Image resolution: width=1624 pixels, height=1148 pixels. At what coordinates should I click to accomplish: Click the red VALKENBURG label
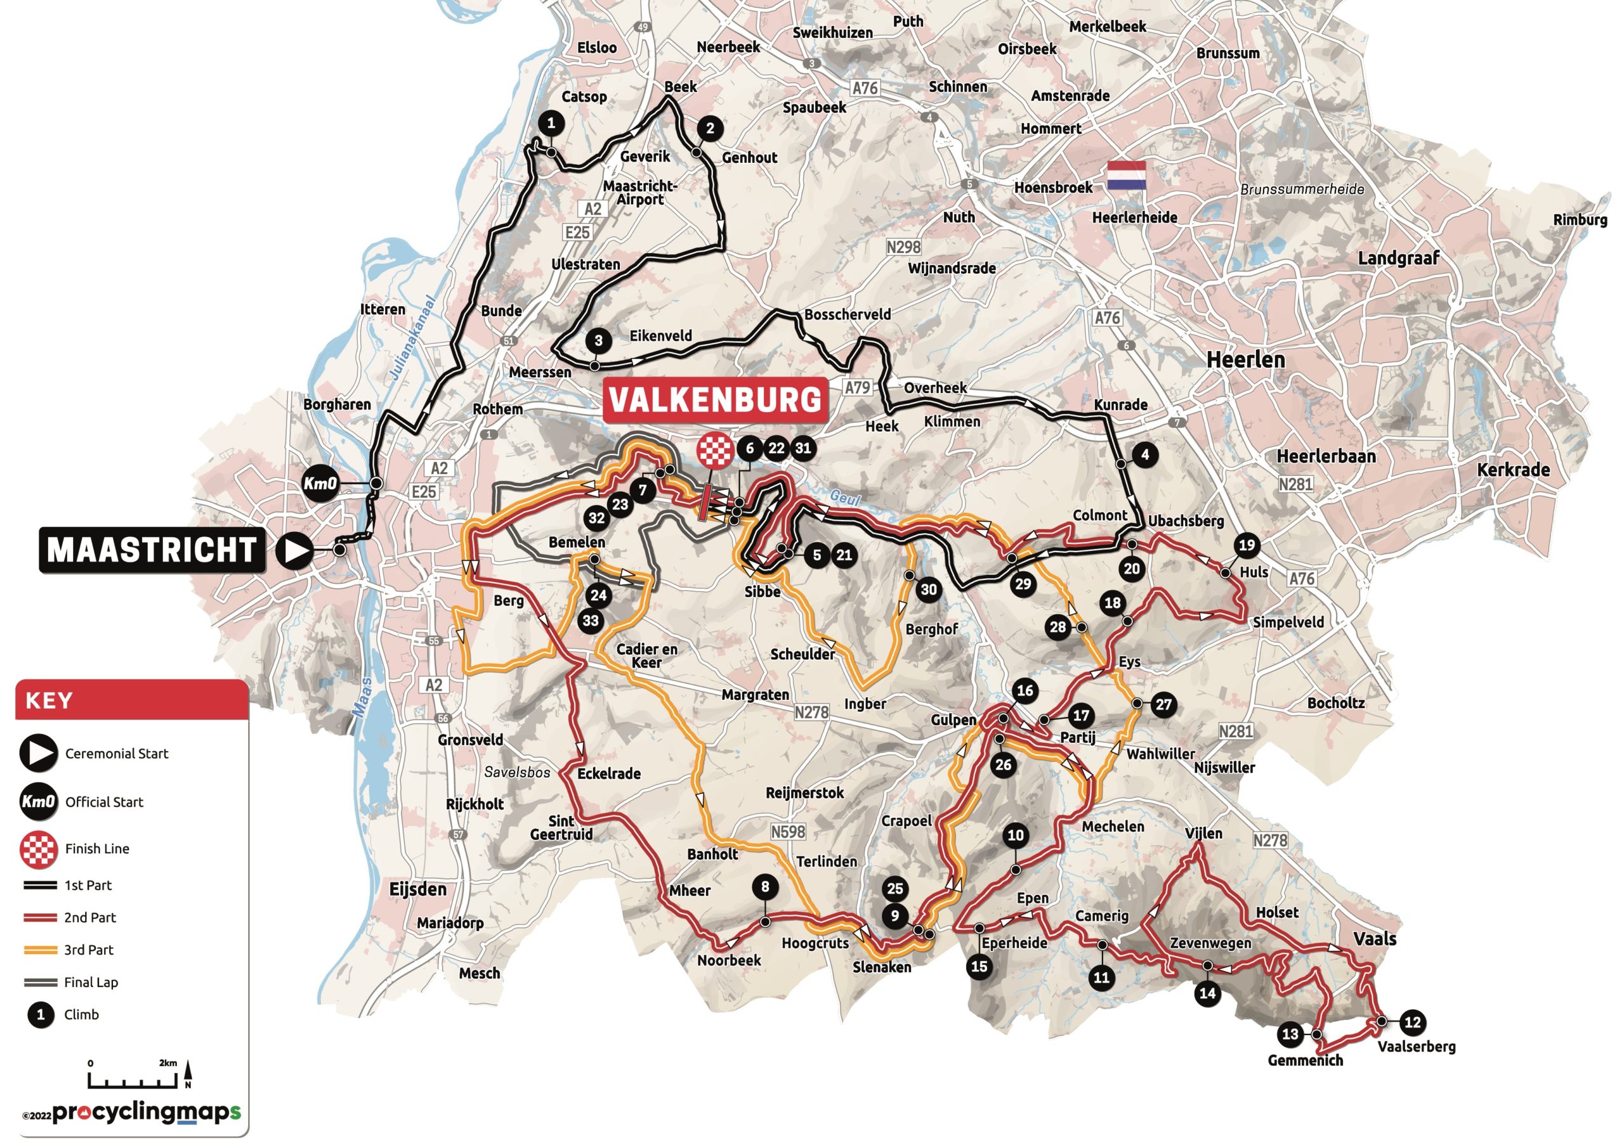tap(715, 400)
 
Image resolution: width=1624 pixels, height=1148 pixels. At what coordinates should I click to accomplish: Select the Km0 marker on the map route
tap(320, 484)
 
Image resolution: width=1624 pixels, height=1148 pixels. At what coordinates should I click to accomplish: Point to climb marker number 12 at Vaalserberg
tap(1412, 1022)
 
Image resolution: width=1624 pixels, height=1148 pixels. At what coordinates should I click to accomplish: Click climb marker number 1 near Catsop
tap(551, 123)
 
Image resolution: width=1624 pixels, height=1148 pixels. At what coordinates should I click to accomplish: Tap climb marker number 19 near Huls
tap(1247, 545)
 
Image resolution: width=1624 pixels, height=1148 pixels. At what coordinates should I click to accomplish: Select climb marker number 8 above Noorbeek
tap(764, 886)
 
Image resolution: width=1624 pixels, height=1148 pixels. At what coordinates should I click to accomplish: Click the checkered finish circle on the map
tap(714, 449)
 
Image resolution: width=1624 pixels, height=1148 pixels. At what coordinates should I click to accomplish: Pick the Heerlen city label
tap(1245, 360)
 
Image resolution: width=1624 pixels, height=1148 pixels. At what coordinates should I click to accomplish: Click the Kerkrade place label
tap(1513, 469)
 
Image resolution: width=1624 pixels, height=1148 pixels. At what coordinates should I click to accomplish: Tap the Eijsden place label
tap(418, 889)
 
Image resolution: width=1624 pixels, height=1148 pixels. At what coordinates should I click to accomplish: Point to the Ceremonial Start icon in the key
tap(38, 753)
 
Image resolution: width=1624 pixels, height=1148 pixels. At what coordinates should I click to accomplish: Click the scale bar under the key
tap(133, 1080)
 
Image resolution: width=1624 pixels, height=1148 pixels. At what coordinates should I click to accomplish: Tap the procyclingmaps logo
tap(146, 1113)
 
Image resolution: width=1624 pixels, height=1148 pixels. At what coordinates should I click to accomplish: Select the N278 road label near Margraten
tap(811, 713)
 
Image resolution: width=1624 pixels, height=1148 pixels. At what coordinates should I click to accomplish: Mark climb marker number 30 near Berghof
tap(928, 590)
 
